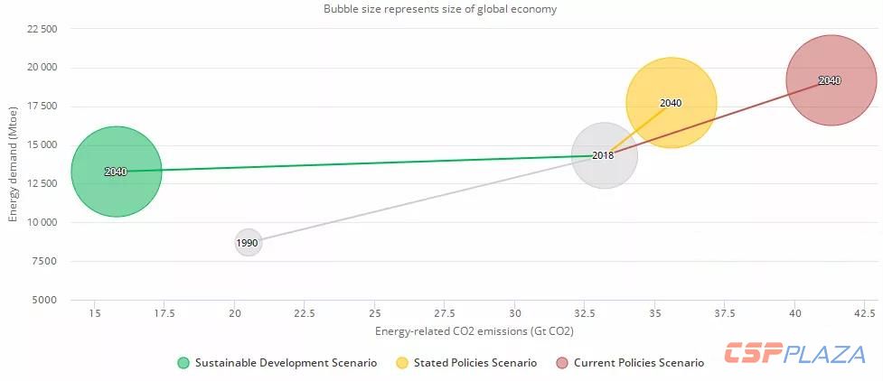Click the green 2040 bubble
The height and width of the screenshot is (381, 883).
pos(116,172)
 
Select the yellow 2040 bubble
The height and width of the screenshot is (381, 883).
pos(671,103)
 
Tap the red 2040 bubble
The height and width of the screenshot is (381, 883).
pos(829,80)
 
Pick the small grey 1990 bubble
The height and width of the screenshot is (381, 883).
pos(248,243)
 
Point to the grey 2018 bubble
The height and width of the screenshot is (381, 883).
pos(604,155)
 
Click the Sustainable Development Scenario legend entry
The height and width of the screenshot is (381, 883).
pos(277,363)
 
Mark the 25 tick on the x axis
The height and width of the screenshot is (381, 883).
pos(374,313)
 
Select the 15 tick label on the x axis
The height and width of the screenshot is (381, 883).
pos(94,313)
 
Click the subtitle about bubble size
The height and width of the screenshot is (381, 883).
pos(440,9)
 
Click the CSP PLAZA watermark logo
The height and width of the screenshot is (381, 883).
pos(795,354)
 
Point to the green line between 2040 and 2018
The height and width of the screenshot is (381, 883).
pos(362,163)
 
